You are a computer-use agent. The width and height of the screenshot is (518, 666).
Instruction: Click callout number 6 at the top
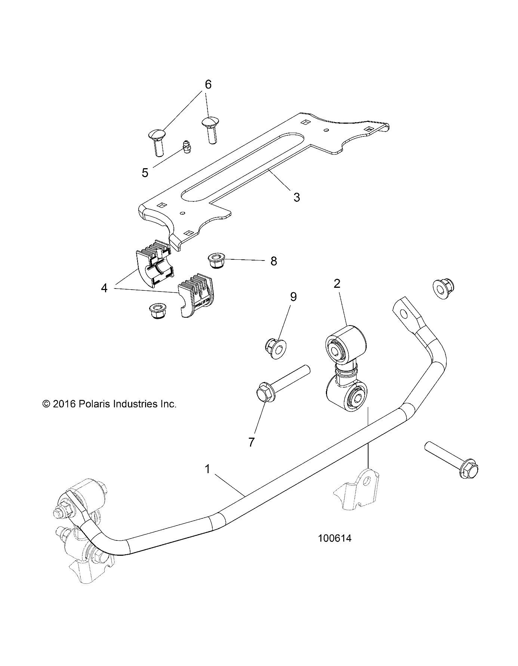(x=208, y=84)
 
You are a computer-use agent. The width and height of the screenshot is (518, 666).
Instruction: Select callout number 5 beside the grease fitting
(x=145, y=173)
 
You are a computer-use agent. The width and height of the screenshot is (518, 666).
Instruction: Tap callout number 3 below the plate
(x=296, y=197)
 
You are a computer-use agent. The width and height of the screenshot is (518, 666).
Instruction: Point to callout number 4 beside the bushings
(x=104, y=288)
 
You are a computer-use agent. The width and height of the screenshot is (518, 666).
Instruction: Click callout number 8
(x=274, y=261)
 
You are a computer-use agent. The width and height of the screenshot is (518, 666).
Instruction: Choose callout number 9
(x=293, y=297)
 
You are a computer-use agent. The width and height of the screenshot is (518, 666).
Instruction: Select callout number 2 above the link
(x=337, y=283)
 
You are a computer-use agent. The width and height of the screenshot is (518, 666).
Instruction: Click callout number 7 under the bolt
(x=251, y=442)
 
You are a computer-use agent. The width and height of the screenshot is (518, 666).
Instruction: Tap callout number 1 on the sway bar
(x=208, y=469)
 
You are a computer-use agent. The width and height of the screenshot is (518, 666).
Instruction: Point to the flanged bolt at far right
(x=452, y=459)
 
